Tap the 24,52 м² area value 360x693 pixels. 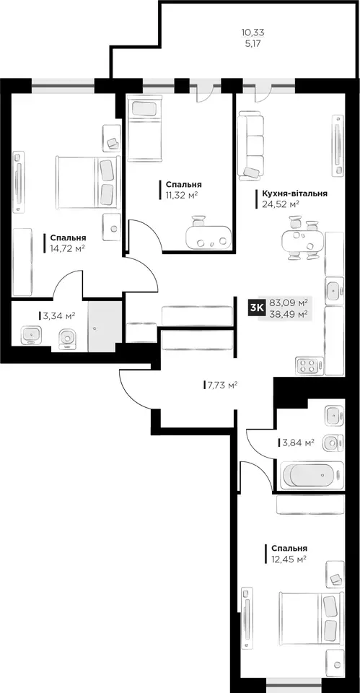[x=281, y=204]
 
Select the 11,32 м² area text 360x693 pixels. [x=182, y=195]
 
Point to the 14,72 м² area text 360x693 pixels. [x=67, y=248]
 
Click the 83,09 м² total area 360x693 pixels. [x=289, y=303]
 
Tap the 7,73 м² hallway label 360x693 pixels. [x=223, y=385]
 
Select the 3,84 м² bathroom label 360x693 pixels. [x=299, y=442]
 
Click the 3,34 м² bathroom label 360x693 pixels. [x=58, y=315]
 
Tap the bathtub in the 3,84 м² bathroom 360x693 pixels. [x=312, y=475]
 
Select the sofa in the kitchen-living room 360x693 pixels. [x=251, y=145]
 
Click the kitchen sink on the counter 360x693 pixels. [x=334, y=291]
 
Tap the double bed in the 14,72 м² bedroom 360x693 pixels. [x=88, y=182]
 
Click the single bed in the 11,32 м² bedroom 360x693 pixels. [x=145, y=130]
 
